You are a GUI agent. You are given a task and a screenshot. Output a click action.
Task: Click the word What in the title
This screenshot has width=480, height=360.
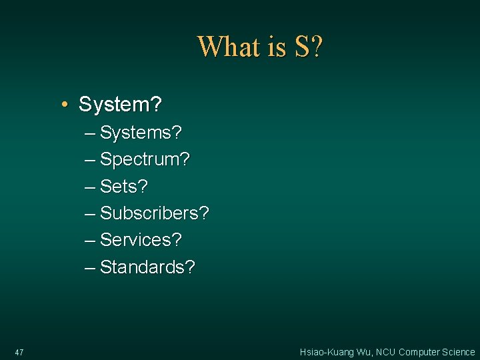[227, 47]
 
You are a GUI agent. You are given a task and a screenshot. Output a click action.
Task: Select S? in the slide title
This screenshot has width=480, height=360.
[306, 47]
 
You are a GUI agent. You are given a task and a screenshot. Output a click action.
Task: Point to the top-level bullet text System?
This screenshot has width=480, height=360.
[120, 105]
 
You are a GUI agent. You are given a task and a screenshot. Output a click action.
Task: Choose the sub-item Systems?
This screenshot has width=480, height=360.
[141, 133]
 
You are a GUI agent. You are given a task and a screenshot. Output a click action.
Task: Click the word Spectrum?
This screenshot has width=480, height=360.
[145, 160]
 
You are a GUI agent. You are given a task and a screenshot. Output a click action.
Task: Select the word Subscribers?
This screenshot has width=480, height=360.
[154, 213]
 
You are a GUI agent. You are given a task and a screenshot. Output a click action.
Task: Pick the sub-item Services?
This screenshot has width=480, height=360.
[141, 240]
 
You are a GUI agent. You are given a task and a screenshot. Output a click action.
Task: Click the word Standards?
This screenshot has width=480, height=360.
[147, 267]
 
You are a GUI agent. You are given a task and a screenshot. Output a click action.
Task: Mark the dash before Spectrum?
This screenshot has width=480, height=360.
[90, 160]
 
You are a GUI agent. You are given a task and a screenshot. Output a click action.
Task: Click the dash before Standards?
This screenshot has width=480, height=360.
[90, 267]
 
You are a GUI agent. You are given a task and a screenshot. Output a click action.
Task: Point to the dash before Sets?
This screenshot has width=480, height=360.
[90, 187]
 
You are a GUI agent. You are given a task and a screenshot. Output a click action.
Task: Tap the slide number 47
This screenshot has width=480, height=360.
[19, 352]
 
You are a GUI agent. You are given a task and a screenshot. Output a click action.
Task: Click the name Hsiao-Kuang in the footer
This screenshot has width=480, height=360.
[328, 352]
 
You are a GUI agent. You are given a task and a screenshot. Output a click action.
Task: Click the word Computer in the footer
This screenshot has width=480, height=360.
[419, 352]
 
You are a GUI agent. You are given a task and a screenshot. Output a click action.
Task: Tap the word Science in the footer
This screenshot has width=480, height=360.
[459, 352]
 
